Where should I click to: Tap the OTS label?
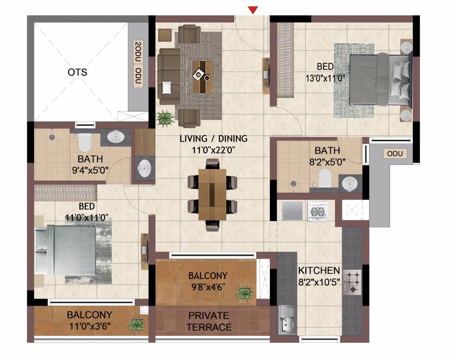[77, 73]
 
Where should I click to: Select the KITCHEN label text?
[319, 270]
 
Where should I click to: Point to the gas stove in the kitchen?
[352, 282]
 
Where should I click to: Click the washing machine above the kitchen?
[317, 211]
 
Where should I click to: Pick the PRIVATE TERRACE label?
[209, 321]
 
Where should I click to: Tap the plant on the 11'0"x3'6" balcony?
[136, 324]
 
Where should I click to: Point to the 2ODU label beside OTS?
[137, 51]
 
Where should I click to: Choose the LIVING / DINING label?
[214, 139]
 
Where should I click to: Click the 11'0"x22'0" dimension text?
[214, 151]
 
